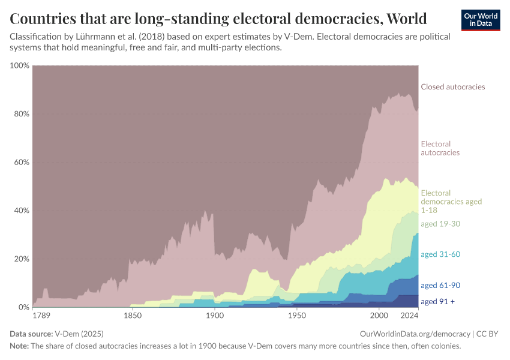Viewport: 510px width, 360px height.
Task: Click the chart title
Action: (218, 18)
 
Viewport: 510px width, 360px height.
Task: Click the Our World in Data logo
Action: (481, 20)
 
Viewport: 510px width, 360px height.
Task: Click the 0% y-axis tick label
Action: (23, 307)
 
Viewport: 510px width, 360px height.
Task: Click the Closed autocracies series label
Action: (452, 87)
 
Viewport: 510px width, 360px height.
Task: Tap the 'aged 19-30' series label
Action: (440, 223)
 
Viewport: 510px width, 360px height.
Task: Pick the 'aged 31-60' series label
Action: (440, 254)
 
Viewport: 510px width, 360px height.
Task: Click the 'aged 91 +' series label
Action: (437, 301)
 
